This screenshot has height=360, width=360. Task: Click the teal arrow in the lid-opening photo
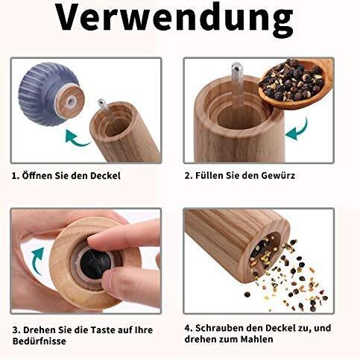77,136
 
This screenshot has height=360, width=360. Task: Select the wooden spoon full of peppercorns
294,83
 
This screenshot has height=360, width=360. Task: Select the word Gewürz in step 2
297,176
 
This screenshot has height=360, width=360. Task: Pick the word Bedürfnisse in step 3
39,341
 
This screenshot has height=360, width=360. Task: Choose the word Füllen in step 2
213,176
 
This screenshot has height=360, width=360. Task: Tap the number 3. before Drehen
14,329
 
